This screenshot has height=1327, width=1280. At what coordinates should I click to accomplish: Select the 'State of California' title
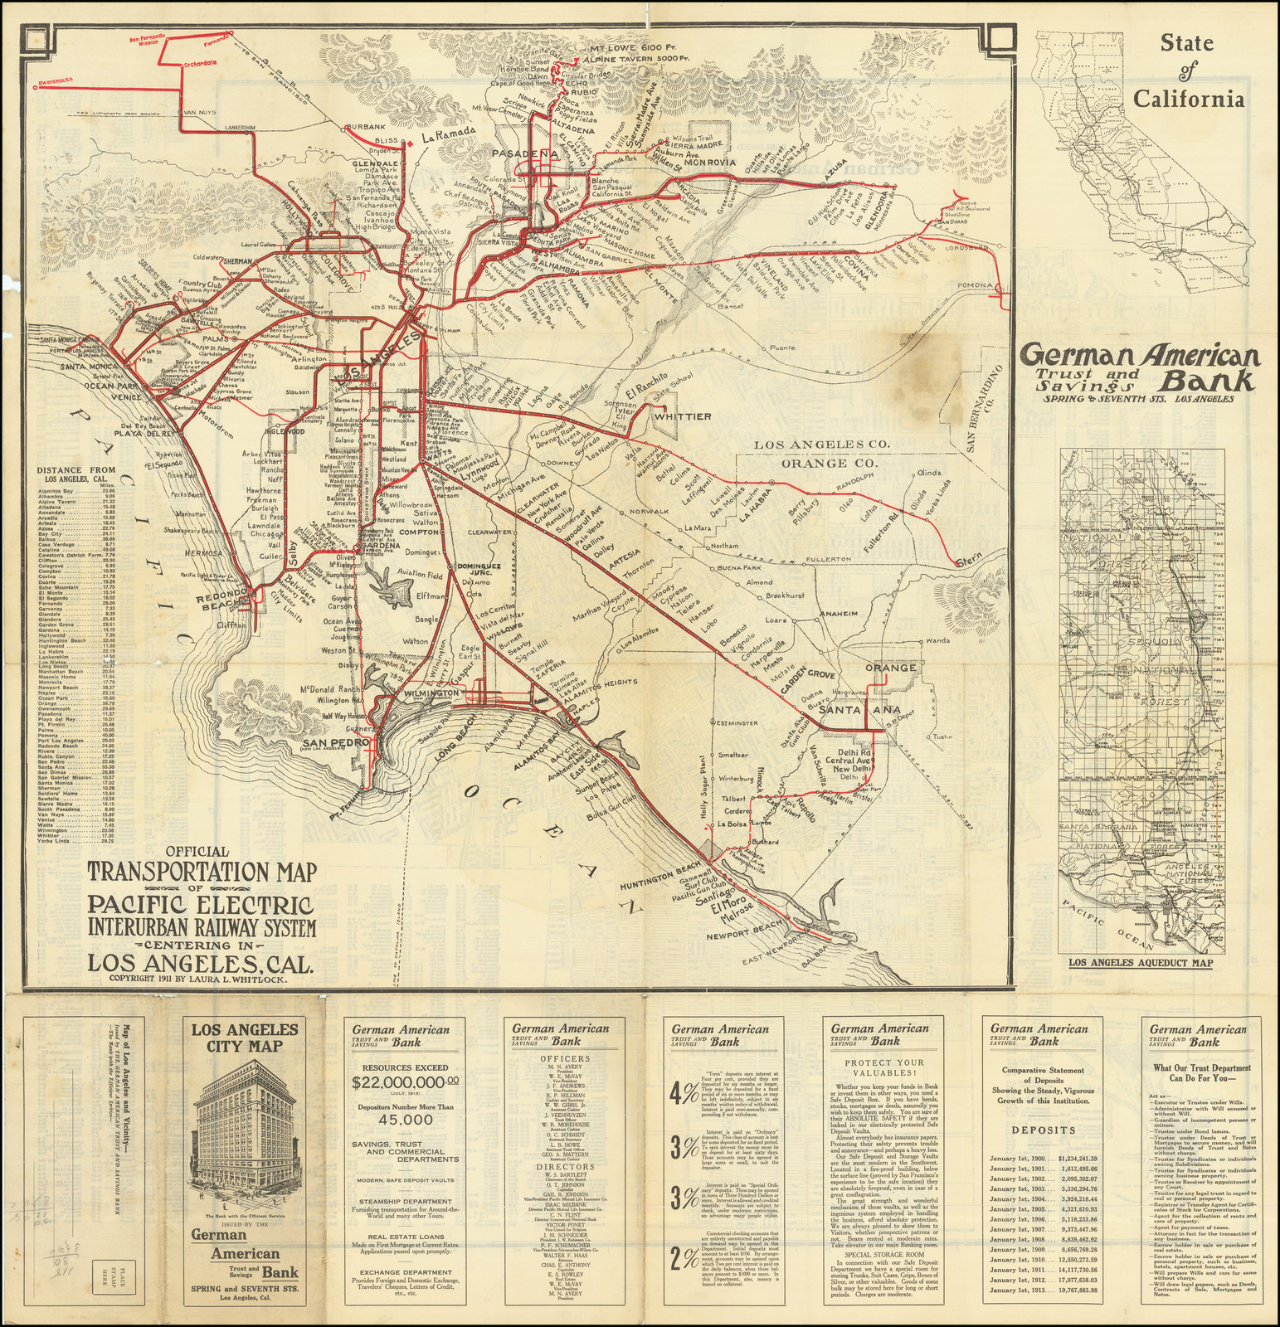pos(1190,71)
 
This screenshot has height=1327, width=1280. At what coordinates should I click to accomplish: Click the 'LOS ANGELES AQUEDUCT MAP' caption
pos(1139,963)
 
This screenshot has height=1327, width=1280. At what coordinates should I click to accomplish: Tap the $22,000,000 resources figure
pos(400,1082)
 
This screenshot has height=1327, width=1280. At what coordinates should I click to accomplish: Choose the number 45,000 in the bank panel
pos(400,1119)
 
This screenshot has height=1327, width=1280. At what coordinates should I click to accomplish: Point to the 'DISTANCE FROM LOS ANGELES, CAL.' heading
pos(77,474)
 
